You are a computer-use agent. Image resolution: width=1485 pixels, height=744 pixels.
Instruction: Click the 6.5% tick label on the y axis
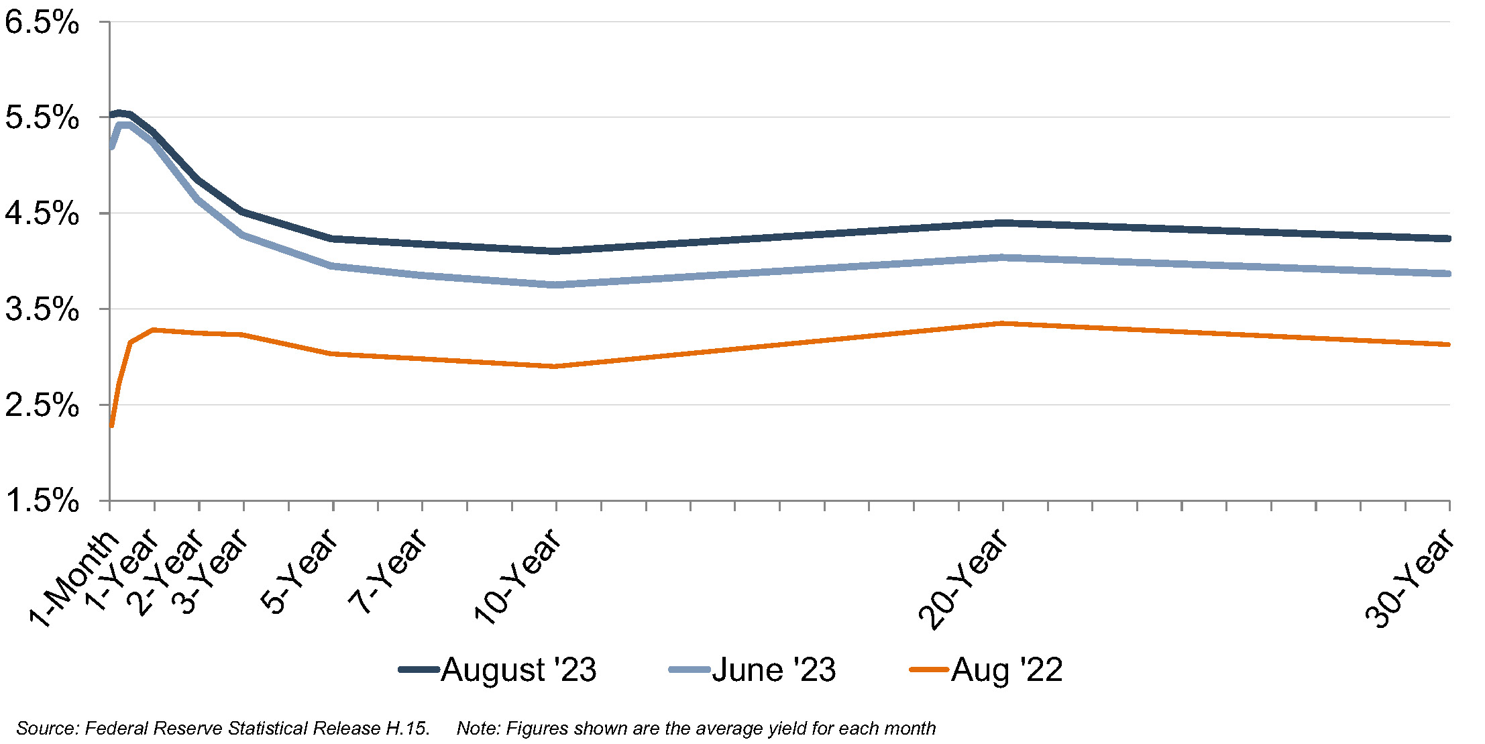pos(42,23)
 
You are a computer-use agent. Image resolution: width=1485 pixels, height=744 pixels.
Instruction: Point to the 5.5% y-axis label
pos(42,118)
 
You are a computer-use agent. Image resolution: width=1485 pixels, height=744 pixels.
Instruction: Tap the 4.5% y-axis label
pos(42,214)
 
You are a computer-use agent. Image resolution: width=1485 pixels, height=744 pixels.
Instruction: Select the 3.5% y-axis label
pos(42,310)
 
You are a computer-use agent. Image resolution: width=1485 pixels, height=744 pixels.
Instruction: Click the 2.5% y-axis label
pos(42,406)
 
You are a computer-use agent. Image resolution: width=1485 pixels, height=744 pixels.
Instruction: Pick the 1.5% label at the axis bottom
pos(42,500)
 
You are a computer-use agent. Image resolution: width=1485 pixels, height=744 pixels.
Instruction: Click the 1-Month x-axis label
pos(74,578)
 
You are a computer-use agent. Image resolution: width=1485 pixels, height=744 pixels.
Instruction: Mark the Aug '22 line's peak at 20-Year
pos(1002,323)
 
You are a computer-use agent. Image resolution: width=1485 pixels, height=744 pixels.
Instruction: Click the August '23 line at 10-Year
pos(556,251)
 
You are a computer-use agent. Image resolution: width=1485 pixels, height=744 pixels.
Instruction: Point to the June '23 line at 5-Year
pos(333,266)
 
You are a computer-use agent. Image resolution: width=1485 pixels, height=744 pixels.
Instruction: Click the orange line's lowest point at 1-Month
pos(111,425)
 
